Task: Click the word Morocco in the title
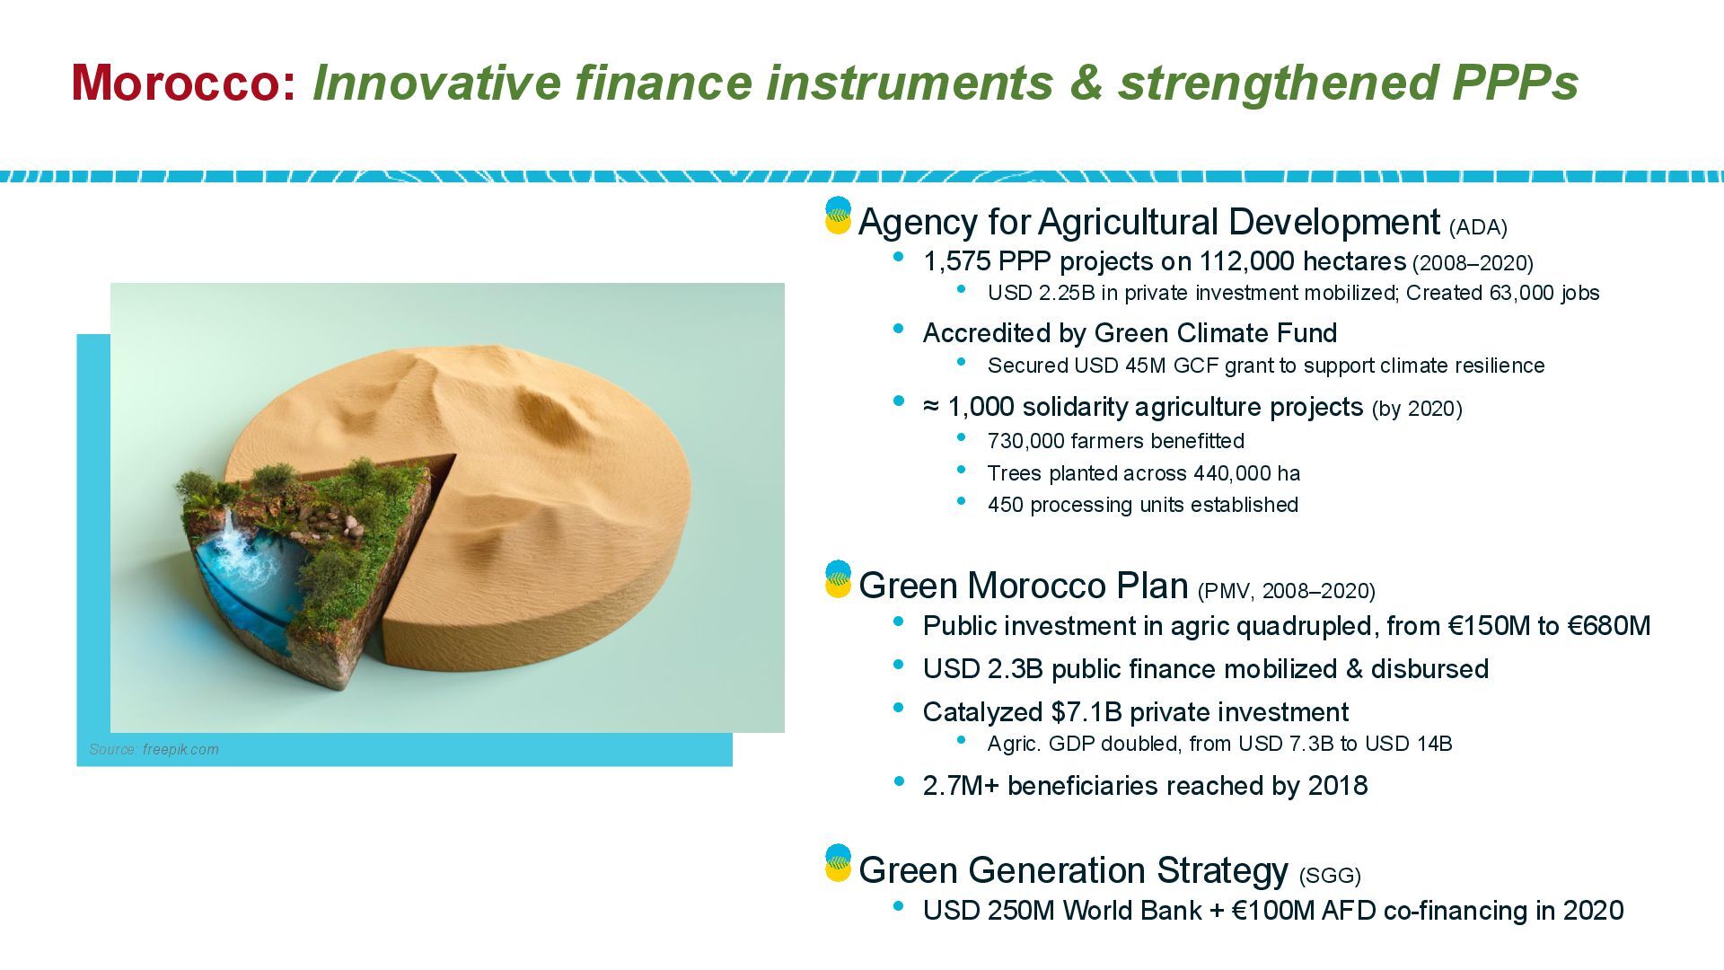pyautogui.click(x=182, y=83)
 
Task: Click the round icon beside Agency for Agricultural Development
pyautogui.click(x=838, y=216)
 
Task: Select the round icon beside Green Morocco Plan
pyautogui.click(x=838, y=579)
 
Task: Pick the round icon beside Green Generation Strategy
pyautogui.click(x=838, y=863)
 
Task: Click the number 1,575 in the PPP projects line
pyautogui.click(x=956, y=262)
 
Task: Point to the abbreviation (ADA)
pyautogui.click(x=1478, y=227)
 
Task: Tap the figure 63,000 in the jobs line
pyautogui.click(x=1521, y=293)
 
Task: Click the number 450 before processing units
pyautogui.click(x=1005, y=505)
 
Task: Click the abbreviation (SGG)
pyautogui.click(x=1330, y=875)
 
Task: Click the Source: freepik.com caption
pyautogui.click(x=154, y=749)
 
